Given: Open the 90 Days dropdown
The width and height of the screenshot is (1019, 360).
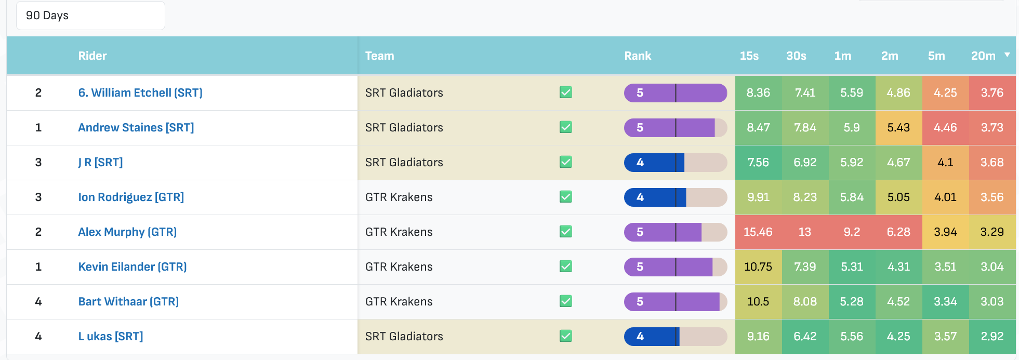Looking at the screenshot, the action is click(x=90, y=16).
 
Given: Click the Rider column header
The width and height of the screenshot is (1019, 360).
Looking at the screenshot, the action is click(x=92, y=56).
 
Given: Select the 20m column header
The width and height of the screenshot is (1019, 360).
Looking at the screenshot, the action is click(x=983, y=56).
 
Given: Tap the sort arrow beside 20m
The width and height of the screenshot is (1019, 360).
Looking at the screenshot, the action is click(x=1007, y=55).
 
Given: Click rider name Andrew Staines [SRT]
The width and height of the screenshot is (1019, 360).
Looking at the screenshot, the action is click(x=136, y=127).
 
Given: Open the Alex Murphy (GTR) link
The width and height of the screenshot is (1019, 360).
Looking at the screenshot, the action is click(x=127, y=232).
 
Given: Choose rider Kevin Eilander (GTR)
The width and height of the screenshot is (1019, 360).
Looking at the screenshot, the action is click(x=133, y=266).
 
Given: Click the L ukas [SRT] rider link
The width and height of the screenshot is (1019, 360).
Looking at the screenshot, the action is click(x=111, y=336).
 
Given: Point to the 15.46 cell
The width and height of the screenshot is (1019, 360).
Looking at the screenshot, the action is click(x=758, y=232).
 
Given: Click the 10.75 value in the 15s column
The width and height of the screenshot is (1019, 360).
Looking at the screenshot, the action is click(x=758, y=266).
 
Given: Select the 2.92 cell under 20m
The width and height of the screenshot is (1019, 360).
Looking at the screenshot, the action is click(x=992, y=336).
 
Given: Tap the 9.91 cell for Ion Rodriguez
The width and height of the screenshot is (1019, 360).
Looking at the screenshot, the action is click(x=758, y=197).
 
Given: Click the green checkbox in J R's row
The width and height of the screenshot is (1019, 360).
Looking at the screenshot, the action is click(x=566, y=162).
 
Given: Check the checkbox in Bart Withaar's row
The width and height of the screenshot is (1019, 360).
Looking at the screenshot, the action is click(x=566, y=301).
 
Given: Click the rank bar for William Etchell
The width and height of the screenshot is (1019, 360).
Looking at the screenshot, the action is click(x=676, y=92).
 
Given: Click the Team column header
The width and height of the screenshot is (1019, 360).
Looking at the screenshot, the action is click(x=380, y=56).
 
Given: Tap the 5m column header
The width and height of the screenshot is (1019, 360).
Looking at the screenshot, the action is click(x=936, y=56).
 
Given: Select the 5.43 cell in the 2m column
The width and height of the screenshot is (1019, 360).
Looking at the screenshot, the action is click(x=898, y=127).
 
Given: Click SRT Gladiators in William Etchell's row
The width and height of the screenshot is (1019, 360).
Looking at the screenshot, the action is click(x=404, y=92).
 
